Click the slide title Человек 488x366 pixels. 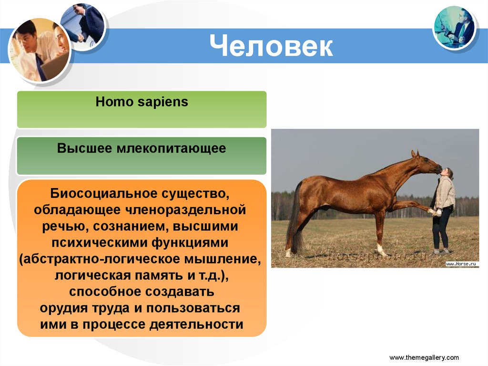click(271, 46)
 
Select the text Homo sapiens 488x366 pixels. click(142, 102)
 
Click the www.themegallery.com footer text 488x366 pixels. click(424, 357)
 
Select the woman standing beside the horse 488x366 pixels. click(444, 210)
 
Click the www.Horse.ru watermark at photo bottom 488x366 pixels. click(461, 263)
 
